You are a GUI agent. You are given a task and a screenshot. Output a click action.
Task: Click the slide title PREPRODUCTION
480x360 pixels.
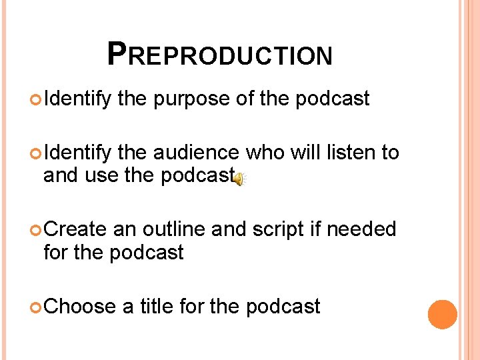click(219, 55)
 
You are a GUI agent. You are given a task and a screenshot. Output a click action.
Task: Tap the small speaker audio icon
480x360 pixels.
click(240, 178)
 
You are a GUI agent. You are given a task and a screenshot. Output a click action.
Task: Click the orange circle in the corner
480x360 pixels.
click(442, 315)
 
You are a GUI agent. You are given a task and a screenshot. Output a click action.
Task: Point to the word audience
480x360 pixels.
click(196, 153)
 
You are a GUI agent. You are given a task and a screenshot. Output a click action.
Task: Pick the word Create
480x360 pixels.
click(75, 229)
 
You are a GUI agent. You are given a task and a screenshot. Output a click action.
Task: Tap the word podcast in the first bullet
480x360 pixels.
click(332, 99)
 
